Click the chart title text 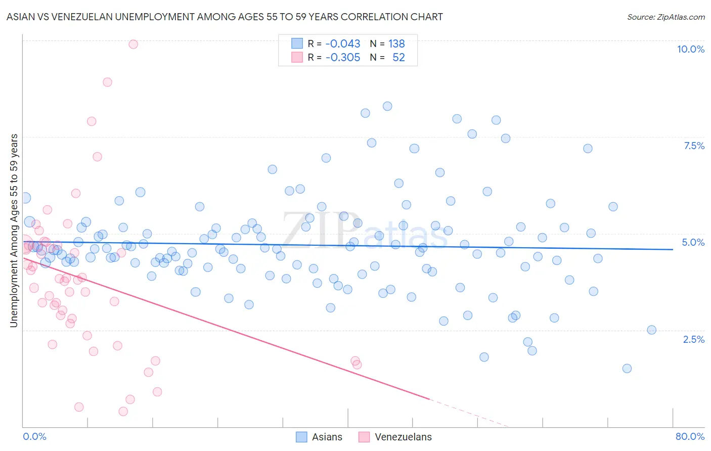[225, 17]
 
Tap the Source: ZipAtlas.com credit [665, 17]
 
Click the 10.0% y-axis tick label [690, 49]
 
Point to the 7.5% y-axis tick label [694, 146]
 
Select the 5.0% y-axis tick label [693, 242]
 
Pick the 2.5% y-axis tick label [693, 339]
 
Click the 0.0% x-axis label [34, 436]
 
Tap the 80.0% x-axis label [690, 436]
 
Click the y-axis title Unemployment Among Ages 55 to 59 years [14, 231]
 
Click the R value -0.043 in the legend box [342, 43]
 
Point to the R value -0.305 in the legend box [342, 57]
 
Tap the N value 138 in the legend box [396, 43]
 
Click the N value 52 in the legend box [398, 57]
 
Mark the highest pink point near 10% [133, 44]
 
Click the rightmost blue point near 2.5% [651, 330]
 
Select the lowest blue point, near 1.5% [627, 368]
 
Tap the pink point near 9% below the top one [107, 82]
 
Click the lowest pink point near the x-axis [123, 412]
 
